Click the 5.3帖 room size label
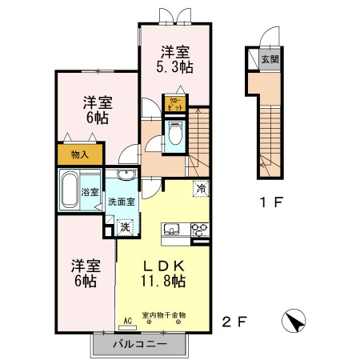tap(174, 67)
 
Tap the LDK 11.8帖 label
tap(163, 274)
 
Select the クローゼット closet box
tap(175, 104)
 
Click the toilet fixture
tap(174, 133)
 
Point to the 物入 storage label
tap(80, 154)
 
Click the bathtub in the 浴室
tap(70, 190)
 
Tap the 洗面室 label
tap(122, 202)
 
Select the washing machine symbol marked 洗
tap(125, 227)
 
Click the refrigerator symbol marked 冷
tap(201, 189)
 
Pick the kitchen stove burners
tap(200, 230)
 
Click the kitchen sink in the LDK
tap(172, 229)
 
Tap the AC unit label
tap(128, 321)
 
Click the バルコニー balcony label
tap(140, 344)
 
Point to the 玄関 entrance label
tap(270, 59)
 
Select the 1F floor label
tap(271, 202)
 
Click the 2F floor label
tap(234, 322)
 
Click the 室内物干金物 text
tap(164, 315)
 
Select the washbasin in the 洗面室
tap(126, 175)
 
